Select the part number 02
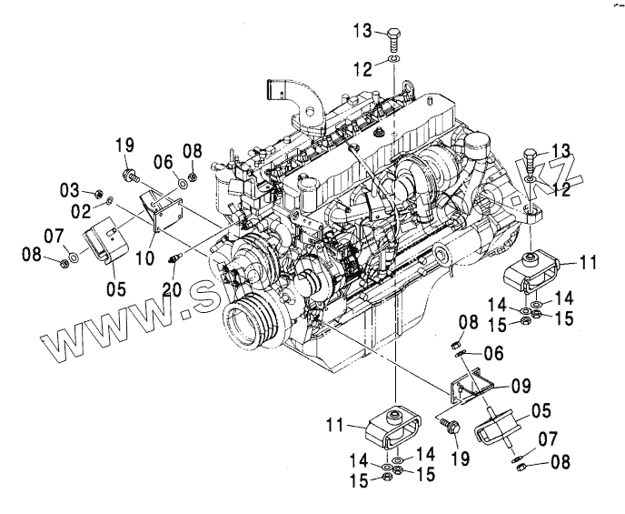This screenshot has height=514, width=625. click(x=80, y=210)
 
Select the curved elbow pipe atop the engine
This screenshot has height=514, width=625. click(x=296, y=99)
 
